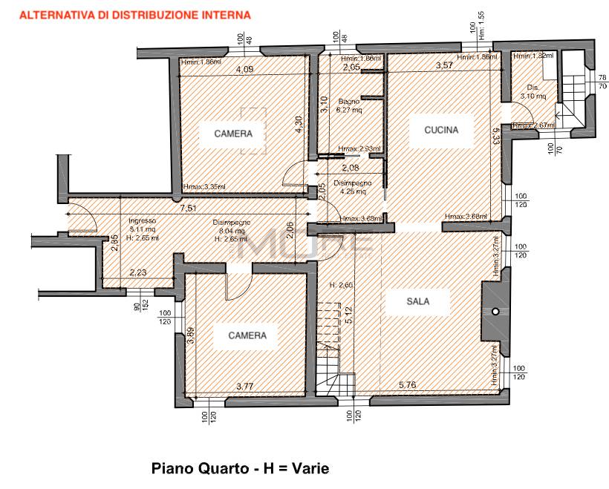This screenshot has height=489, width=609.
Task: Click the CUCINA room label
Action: click(441, 129)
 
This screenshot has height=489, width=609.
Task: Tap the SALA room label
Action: click(417, 301)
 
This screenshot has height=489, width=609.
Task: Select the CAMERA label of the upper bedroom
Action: click(234, 134)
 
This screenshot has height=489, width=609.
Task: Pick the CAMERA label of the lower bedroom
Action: click(247, 335)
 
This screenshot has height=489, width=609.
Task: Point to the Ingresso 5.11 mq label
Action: click(143, 226)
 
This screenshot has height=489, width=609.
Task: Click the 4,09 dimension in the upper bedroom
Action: click(244, 70)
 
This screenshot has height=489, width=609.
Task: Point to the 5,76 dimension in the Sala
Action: click(408, 384)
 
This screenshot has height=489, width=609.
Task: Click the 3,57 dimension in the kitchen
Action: click(444, 66)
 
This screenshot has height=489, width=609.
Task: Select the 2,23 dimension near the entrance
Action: click(138, 273)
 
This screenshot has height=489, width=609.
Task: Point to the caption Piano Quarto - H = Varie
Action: click(239, 469)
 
